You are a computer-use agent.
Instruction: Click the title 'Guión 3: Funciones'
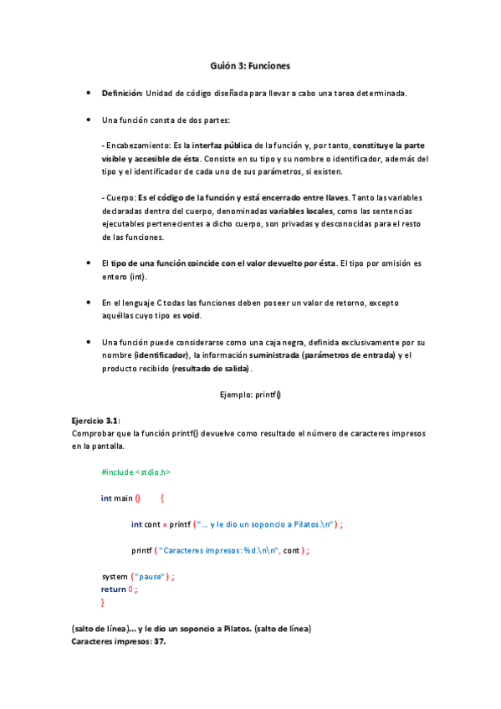250,65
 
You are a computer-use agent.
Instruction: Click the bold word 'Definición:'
122,93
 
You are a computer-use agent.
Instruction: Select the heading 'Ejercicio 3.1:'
97,422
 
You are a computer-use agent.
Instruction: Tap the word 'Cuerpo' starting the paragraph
120,198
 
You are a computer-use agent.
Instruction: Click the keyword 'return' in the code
114,589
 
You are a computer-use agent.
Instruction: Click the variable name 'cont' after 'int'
152,524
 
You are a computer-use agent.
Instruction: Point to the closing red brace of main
103,602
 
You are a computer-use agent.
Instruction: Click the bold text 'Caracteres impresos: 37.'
120,641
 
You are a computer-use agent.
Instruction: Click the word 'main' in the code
124,498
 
